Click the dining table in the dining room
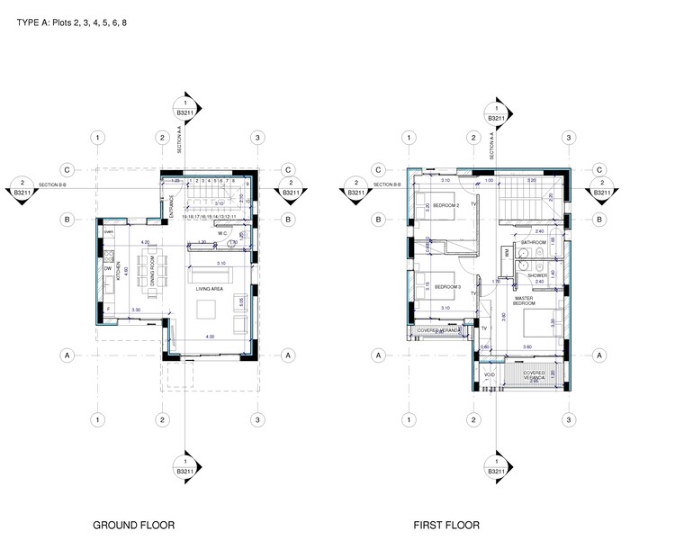pos(141,270)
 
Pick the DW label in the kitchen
pos(108,267)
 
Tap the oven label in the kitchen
pos(108,232)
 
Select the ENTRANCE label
pos(171,209)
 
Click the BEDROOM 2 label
pos(446,206)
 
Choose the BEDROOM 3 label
pos(447,287)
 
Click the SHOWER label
pos(538,276)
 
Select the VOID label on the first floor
pos(490,374)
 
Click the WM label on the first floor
pos(508,255)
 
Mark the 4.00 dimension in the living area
pos(210,337)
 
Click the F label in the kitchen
pos(108,309)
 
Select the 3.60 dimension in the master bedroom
pos(528,346)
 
